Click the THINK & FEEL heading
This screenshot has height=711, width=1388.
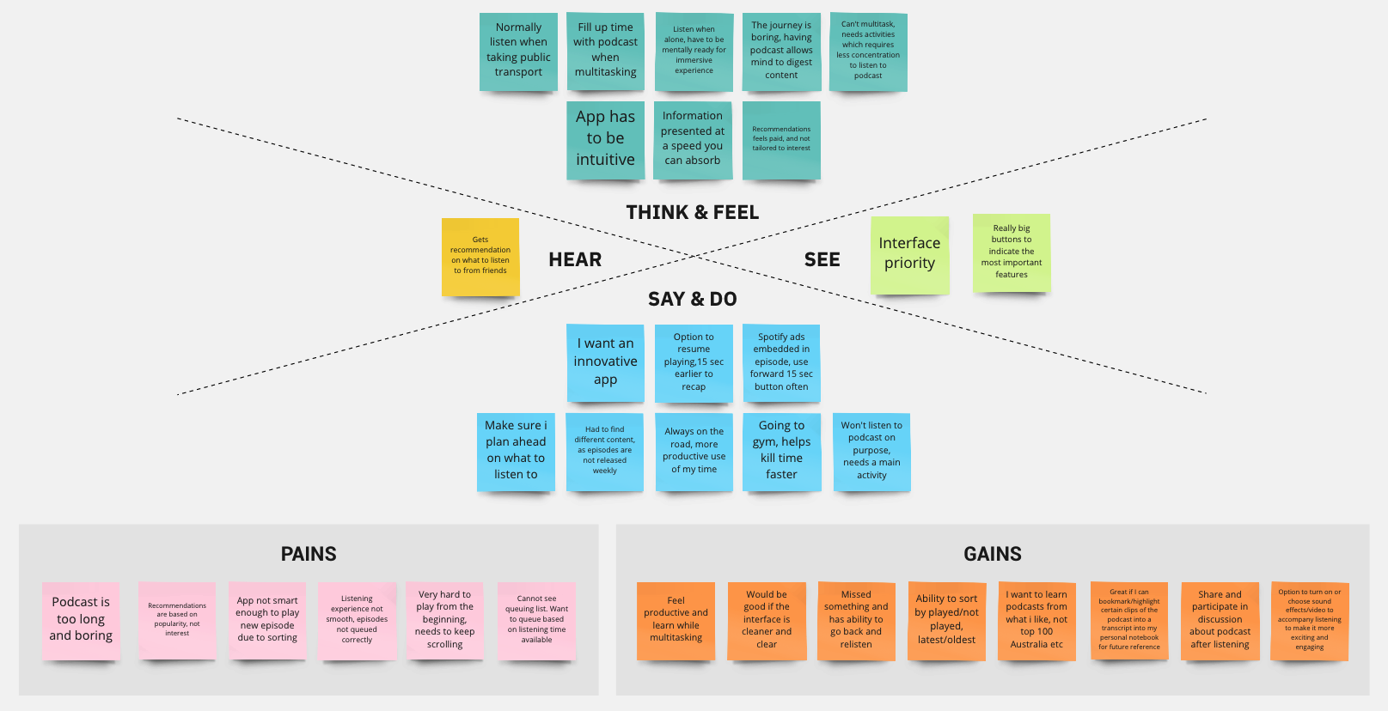[692, 212]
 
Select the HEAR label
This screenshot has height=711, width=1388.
[575, 259]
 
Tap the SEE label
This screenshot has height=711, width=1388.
[822, 259]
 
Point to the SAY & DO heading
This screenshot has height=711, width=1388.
[692, 299]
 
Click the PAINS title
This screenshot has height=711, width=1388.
[309, 554]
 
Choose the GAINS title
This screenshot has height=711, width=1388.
[993, 554]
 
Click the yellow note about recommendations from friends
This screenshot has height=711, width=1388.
[480, 256]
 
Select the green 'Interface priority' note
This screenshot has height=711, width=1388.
[909, 254]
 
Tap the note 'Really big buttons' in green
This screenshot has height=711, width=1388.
[1012, 252]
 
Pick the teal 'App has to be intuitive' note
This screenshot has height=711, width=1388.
[605, 139]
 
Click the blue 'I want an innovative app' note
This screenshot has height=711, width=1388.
[605, 362]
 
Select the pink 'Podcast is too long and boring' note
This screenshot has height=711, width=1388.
[81, 620]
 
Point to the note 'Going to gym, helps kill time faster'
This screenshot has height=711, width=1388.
[781, 451]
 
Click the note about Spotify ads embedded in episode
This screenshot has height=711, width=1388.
[781, 362]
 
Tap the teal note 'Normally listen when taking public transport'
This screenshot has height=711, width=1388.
[518, 51]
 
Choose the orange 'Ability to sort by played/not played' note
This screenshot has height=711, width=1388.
[946, 620]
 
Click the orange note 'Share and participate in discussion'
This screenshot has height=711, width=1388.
[1220, 620]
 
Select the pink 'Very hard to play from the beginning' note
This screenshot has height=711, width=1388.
[444, 620]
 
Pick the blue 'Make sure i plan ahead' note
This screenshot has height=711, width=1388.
[516, 451]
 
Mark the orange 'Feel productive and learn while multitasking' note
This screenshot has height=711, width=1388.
[676, 620]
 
